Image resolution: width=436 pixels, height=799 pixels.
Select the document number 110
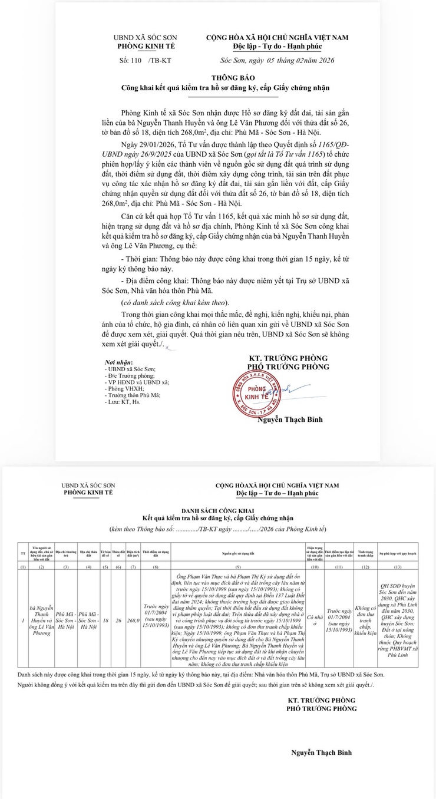(x=136, y=60)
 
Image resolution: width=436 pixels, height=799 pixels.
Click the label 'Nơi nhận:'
(x=118, y=362)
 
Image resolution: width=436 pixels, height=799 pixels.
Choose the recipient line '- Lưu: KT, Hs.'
(x=123, y=402)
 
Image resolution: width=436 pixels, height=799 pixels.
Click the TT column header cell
(x=23, y=554)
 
